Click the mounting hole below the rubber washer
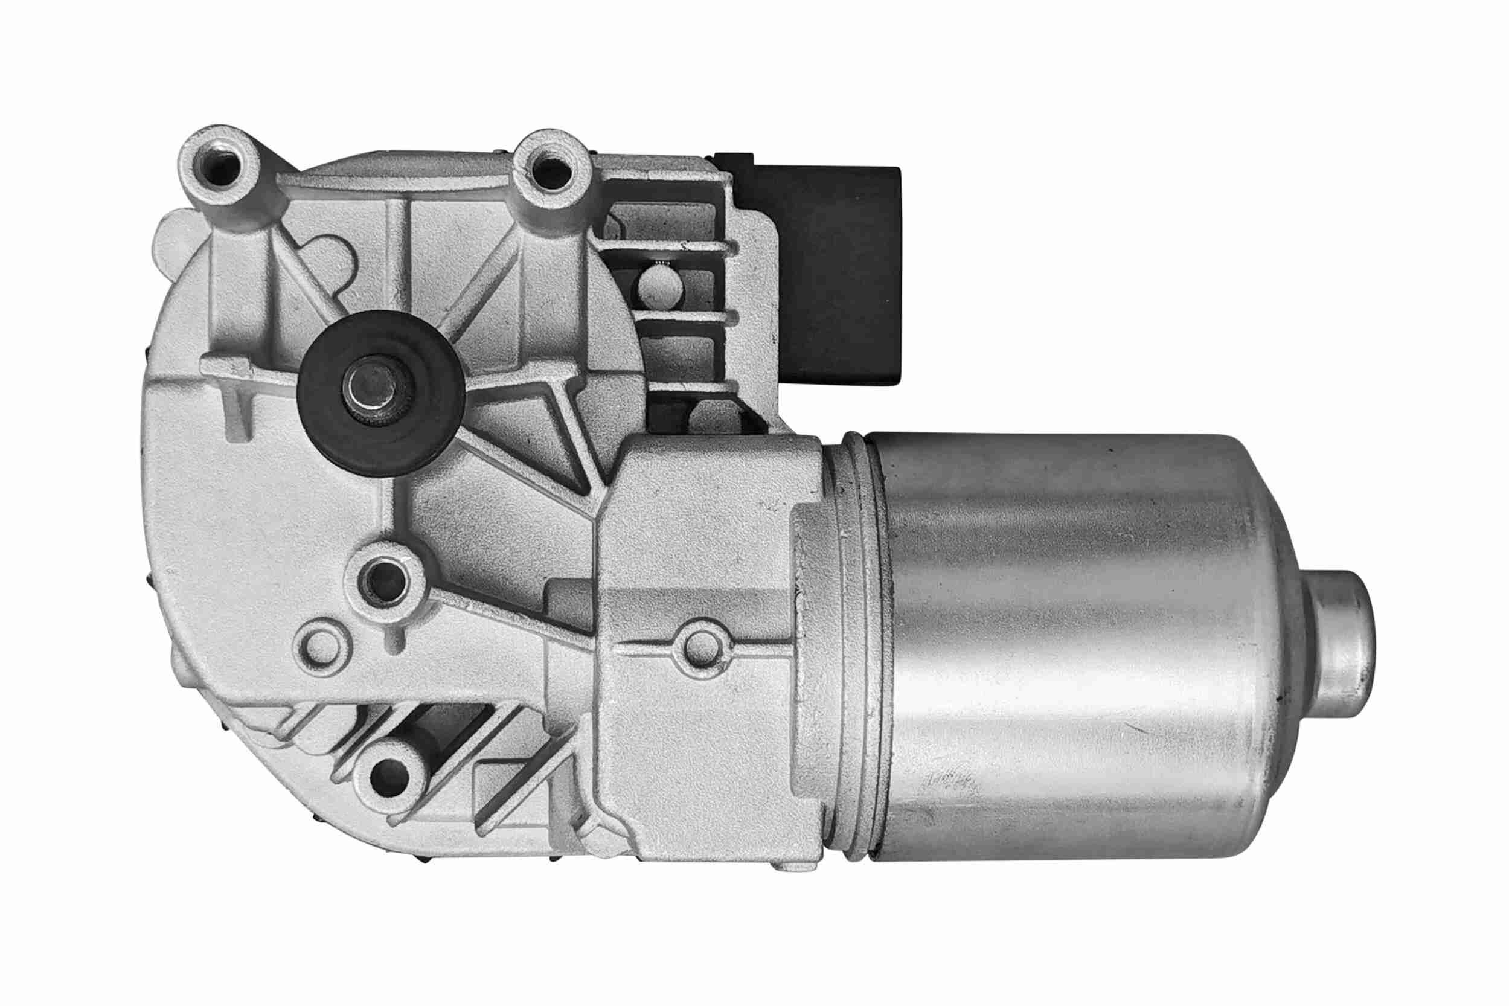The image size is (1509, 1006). click(385, 583)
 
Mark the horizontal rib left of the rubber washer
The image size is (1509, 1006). click(250, 369)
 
